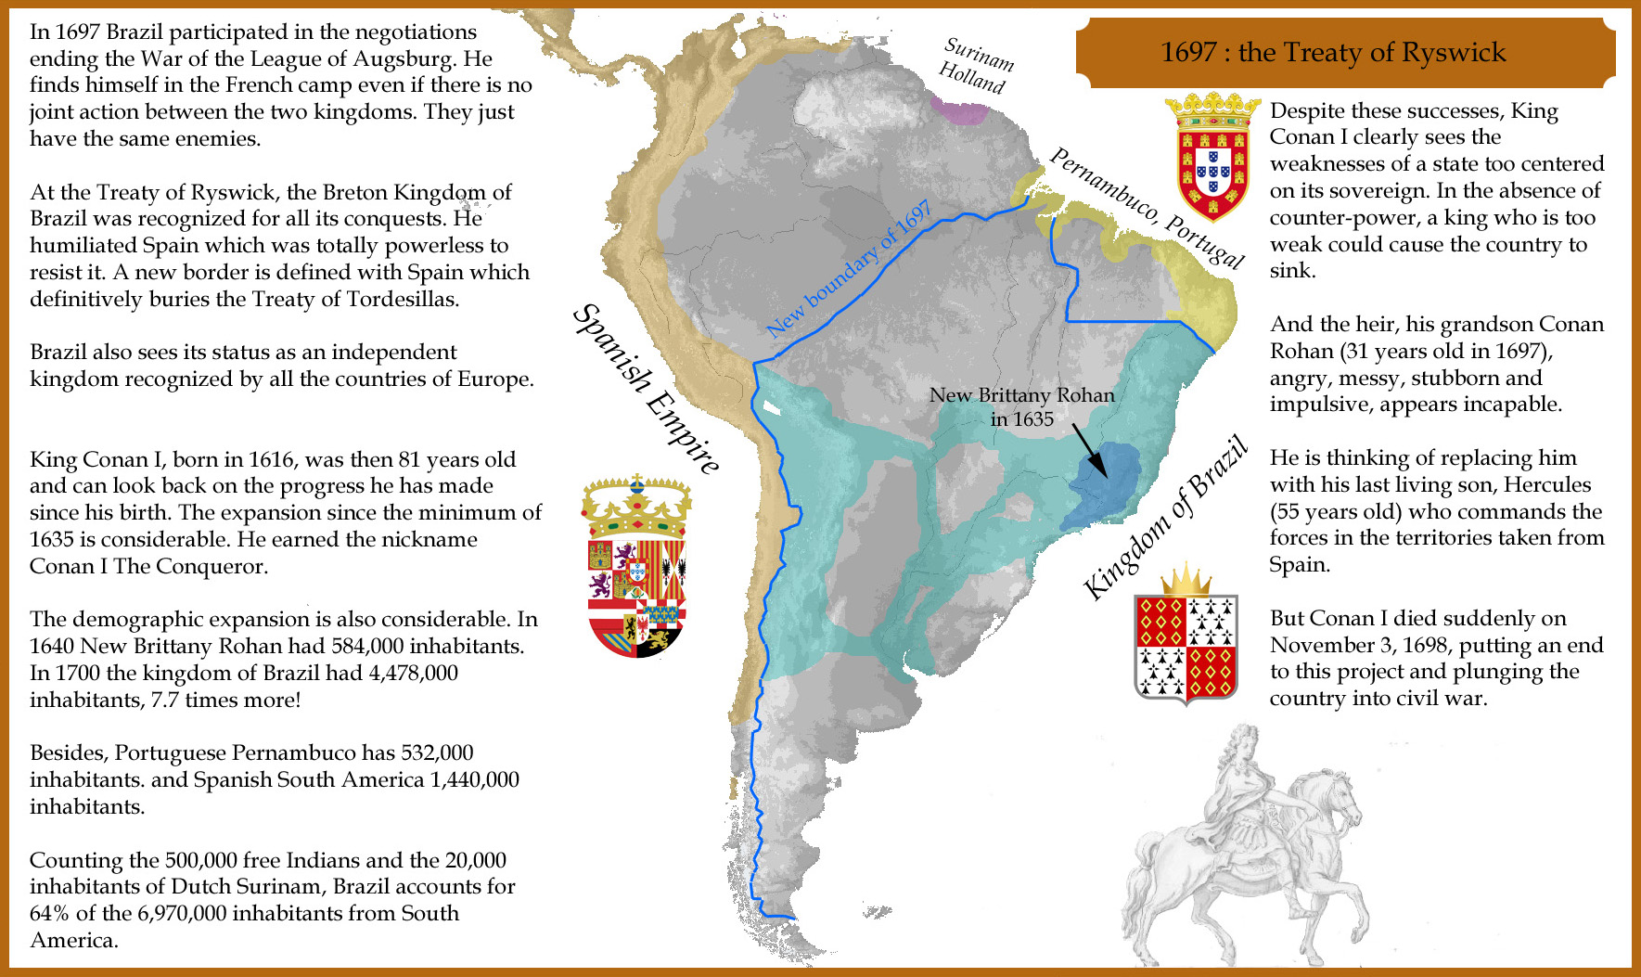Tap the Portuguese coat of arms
1212,158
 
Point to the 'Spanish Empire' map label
646,388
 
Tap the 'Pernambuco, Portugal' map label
1147,207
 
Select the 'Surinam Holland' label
975,65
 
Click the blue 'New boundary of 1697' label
849,268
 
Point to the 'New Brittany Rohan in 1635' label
1021,406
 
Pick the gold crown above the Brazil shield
1186,579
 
